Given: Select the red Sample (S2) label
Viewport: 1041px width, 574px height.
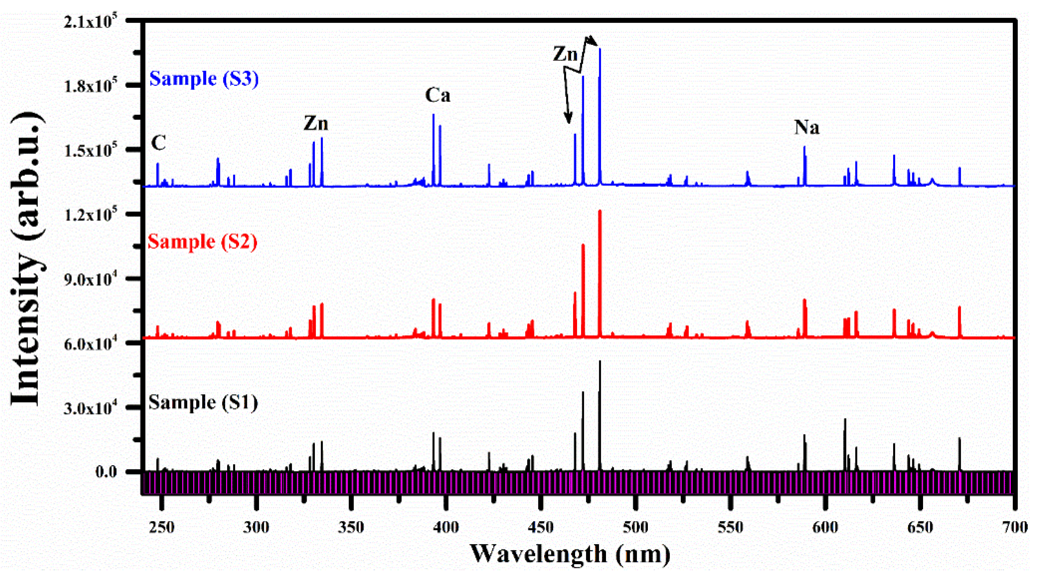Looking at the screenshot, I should coord(202,242).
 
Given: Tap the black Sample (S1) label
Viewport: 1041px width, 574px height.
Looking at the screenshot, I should coord(203,403).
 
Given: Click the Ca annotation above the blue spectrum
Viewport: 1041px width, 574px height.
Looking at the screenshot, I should coord(438,96).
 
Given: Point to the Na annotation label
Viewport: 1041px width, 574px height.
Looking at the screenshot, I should coord(807,127).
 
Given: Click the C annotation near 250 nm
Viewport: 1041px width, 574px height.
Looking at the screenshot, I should coord(159,143).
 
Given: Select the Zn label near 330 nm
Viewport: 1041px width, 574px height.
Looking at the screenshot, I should coord(315,123).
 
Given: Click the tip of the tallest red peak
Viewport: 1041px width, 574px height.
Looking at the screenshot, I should coord(600,211).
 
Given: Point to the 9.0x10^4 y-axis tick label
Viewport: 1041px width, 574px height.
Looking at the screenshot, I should coord(90,279).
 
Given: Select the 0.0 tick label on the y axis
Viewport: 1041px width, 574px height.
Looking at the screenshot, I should coord(106,472).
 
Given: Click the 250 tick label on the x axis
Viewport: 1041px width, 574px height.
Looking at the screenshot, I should coord(162,527).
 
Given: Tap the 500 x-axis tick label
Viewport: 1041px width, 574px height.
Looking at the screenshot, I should coord(636,527).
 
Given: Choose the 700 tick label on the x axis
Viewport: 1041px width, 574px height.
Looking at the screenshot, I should coord(1015,527).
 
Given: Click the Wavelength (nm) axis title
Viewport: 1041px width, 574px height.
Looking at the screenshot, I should coord(570,554).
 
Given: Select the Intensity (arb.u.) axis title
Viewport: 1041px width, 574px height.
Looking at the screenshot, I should coord(26,259).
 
